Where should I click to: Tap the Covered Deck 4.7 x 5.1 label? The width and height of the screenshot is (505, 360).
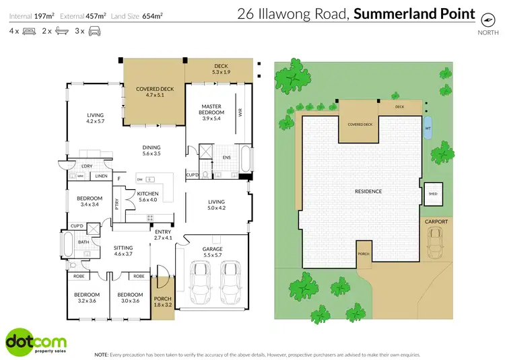coord(155,92)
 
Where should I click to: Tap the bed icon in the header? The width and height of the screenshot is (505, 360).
coord(29,31)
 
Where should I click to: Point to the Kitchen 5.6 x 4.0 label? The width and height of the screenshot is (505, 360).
coord(147,196)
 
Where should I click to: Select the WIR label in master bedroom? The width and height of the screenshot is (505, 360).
coord(239,114)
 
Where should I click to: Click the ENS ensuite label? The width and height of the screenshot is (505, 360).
coord(227,157)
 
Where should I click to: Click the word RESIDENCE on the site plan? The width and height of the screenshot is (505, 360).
coord(368,191)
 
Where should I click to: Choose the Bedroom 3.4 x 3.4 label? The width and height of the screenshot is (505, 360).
coord(89,201)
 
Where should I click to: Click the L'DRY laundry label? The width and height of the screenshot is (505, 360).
coord(86,166)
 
